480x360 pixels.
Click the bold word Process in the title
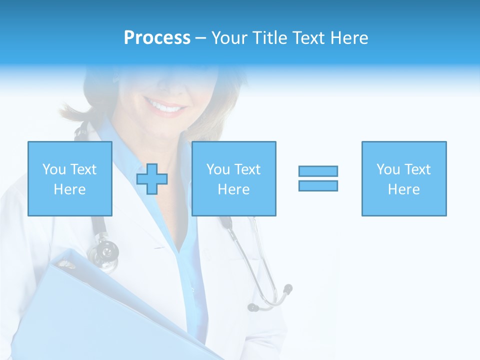pos(157,38)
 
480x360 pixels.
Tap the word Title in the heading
pos(269,38)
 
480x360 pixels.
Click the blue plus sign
pos(152,179)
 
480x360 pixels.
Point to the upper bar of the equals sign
pos(318,171)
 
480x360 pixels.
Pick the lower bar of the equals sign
pos(318,185)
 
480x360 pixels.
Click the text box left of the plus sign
pos(70,178)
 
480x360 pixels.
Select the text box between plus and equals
pos(234,178)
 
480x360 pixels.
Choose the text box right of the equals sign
pos(404,178)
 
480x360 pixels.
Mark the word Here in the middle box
pos(234,189)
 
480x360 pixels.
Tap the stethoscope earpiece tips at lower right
pos(287,289)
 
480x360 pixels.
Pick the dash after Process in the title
pos(200,38)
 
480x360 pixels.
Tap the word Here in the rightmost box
pos(404,189)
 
